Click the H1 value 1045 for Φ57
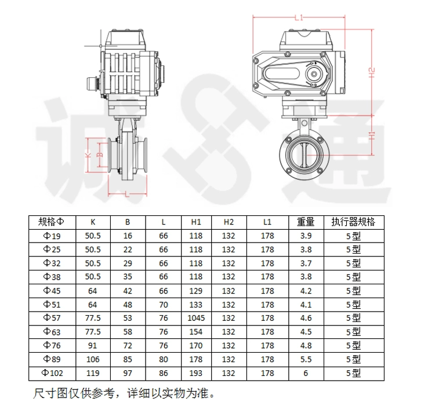[x=196, y=318]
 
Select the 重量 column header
[x=306, y=222]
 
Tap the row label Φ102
[x=52, y=373]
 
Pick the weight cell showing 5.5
[x=306, y=359]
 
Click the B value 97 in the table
[x=128, y=373]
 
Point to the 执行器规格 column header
[x=353, y=222]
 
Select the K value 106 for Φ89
[x=93, y=359]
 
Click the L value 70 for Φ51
[x=164, y=305]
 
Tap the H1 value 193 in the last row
[x=196, y=373]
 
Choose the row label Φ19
[x=52, y=236]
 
